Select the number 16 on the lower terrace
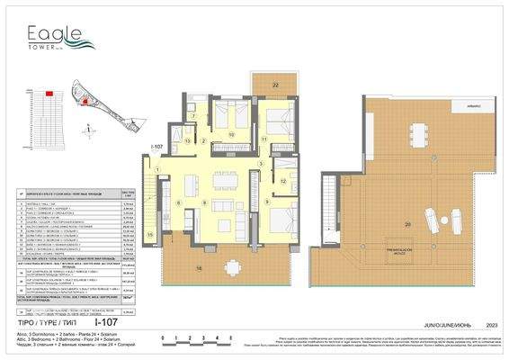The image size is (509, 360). (x=198, y=267)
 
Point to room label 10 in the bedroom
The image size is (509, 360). (x=231, y=134)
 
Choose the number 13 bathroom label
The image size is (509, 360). (x=188, y=141)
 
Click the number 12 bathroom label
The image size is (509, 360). (x=282, y=182)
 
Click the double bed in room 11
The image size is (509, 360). (x=270, y=117)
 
